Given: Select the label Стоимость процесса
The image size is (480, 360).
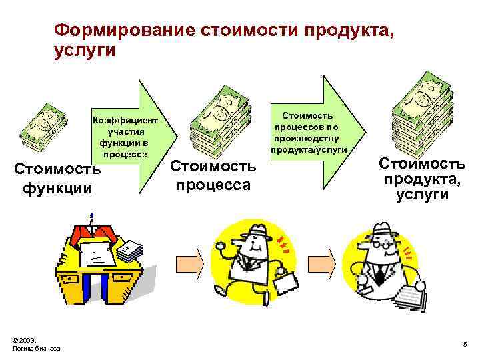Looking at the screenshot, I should [213, 175].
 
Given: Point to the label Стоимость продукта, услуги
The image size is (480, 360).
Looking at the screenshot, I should [423, 179].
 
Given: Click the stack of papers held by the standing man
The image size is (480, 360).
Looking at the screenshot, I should [408, 294].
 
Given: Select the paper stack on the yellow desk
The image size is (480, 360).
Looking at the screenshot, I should [132, 251].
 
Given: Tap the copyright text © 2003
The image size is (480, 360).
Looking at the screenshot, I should [25, 340].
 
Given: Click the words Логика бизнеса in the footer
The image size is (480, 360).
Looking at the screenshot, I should [36, 349].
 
